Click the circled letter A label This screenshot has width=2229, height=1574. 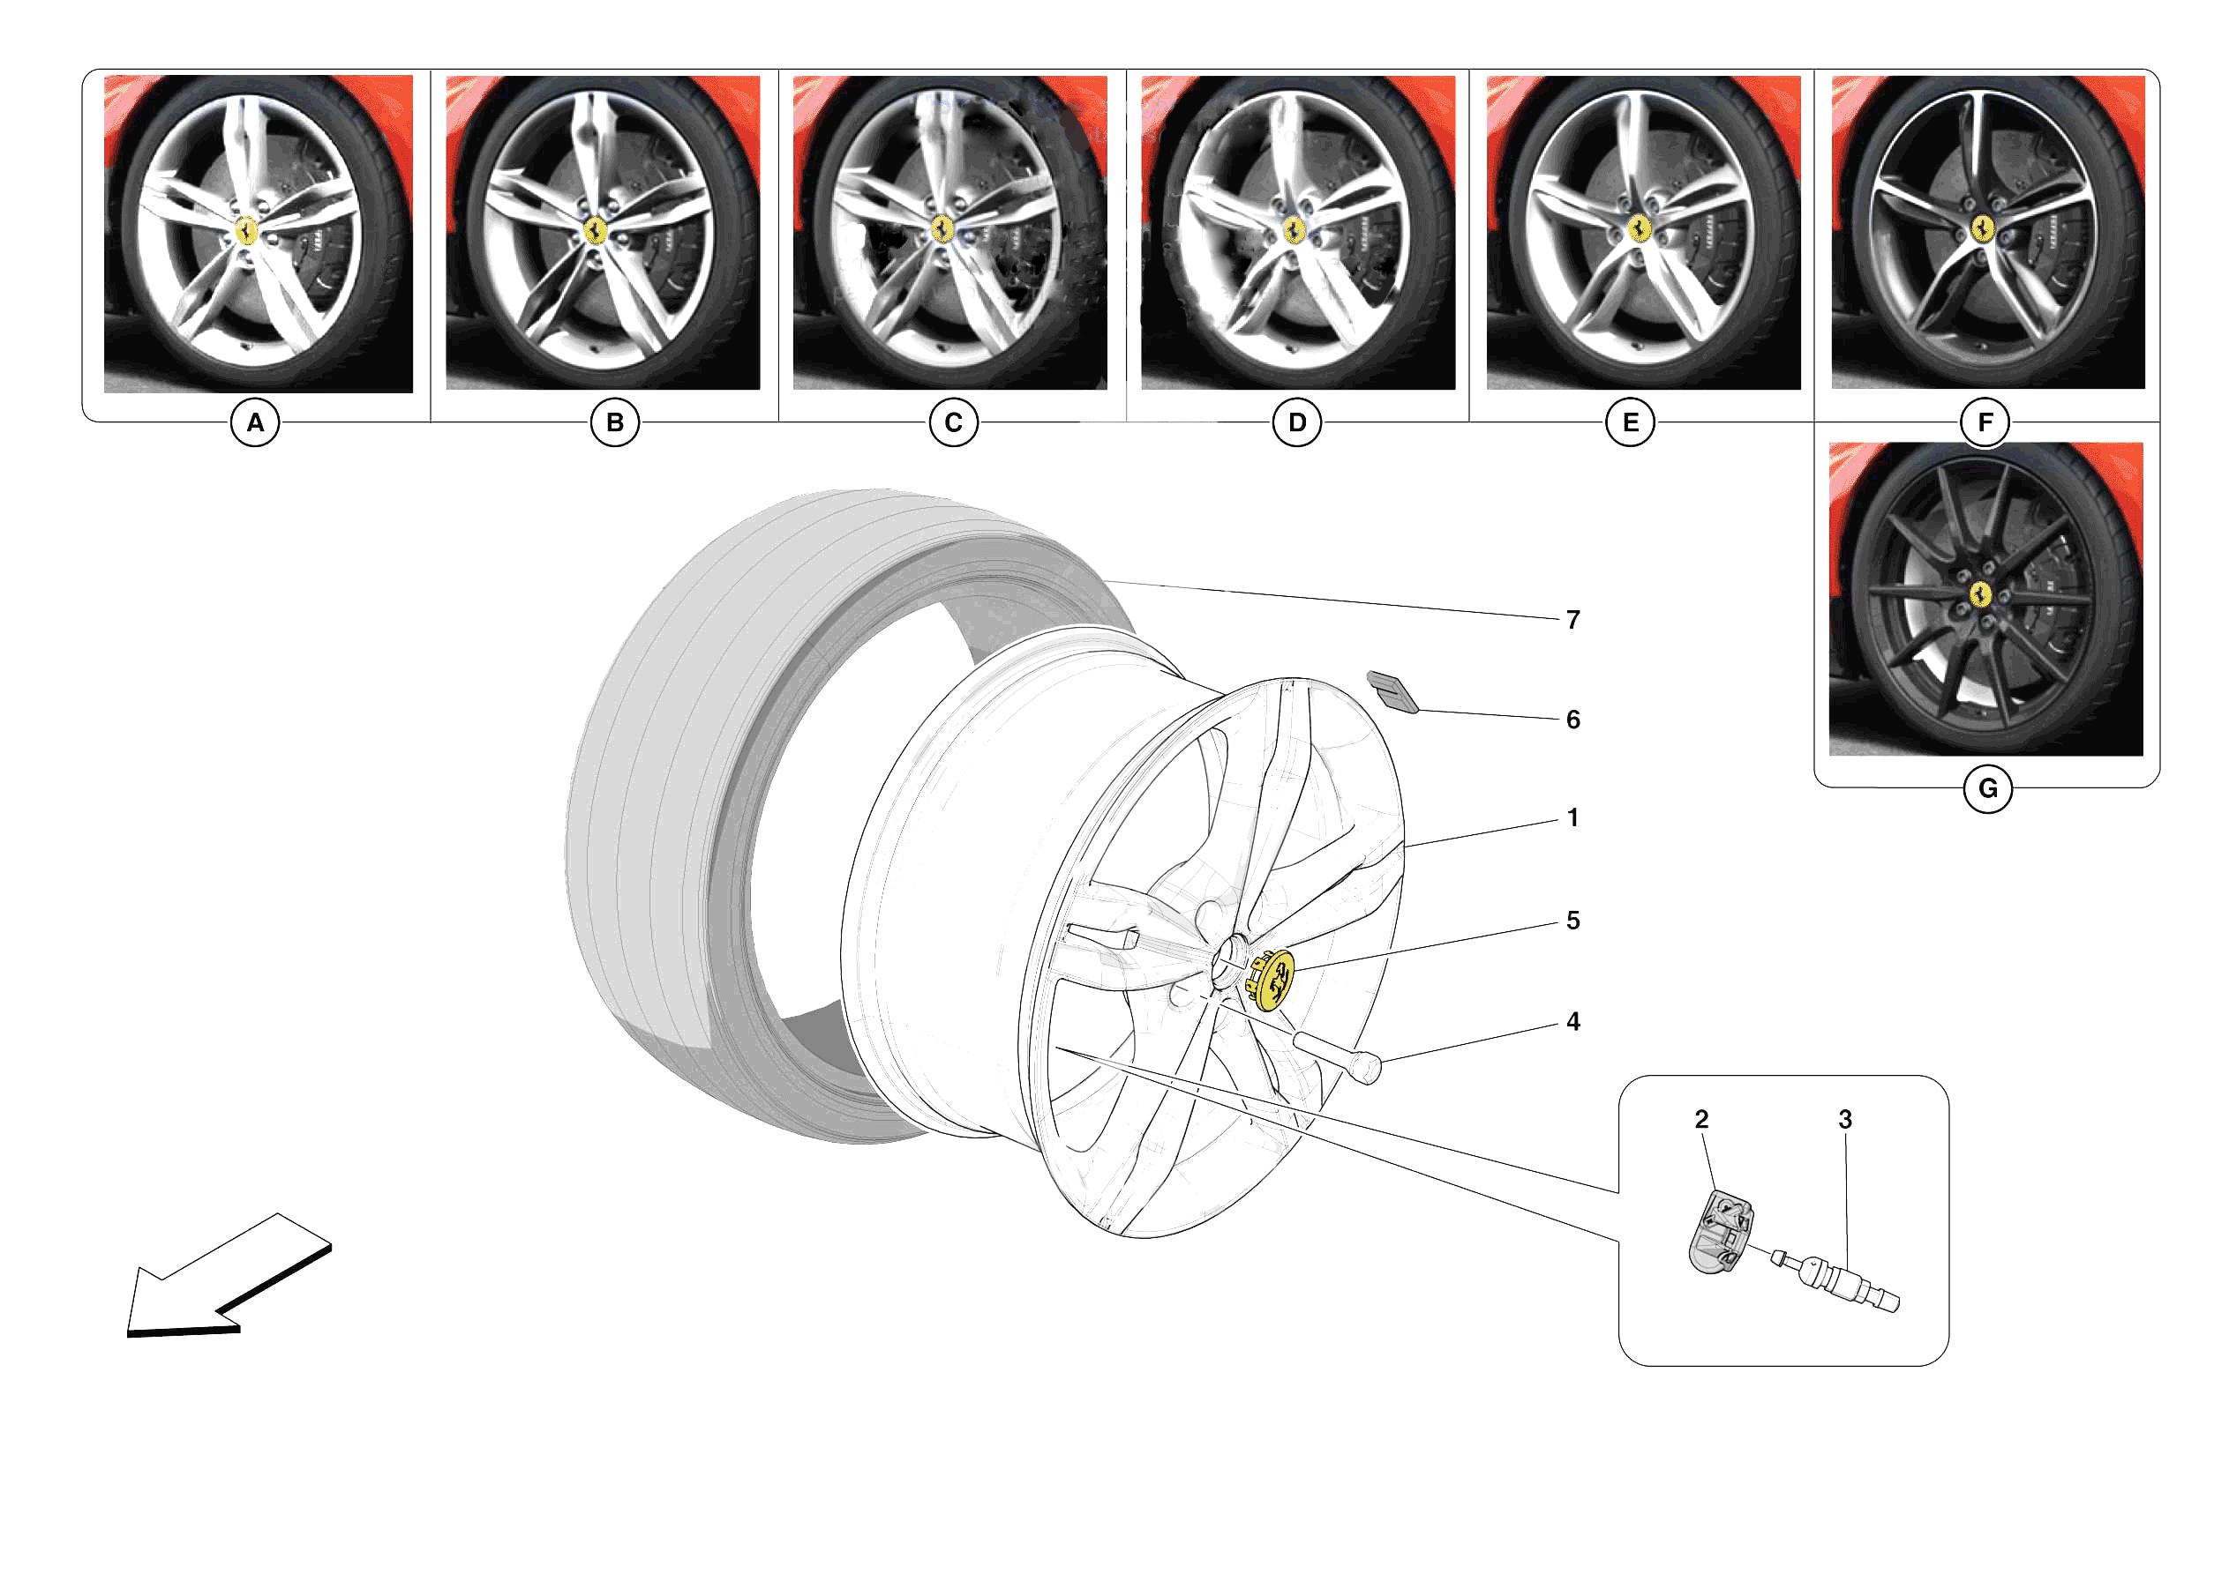[x=255, y=423]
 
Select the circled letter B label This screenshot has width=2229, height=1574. [x=614, y=423]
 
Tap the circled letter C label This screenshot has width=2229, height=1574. [x=953, y=423]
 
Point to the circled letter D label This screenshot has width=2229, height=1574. [x=1297, y=423]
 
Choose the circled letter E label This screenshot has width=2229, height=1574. [x=1630, y=423]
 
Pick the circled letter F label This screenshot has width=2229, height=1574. [x=1985, y=423]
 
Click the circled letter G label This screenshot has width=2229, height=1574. [x=1987, y=789]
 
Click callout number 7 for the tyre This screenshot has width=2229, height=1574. [x=1572, y=620]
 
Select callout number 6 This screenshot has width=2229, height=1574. [x=1572, y=720]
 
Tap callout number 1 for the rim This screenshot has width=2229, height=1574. [x=1572, y=818]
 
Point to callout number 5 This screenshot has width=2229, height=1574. [x=1572, y=921]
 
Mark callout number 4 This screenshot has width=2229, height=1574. [x=1572, y=1022]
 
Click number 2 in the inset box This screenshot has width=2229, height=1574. [x=1701, y=1120]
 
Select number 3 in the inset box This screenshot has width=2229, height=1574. [x=1844, y=1120]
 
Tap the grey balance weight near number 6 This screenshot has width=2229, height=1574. [x=1392, y=692]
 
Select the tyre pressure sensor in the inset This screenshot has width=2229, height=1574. [x=1721, y=1234]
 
